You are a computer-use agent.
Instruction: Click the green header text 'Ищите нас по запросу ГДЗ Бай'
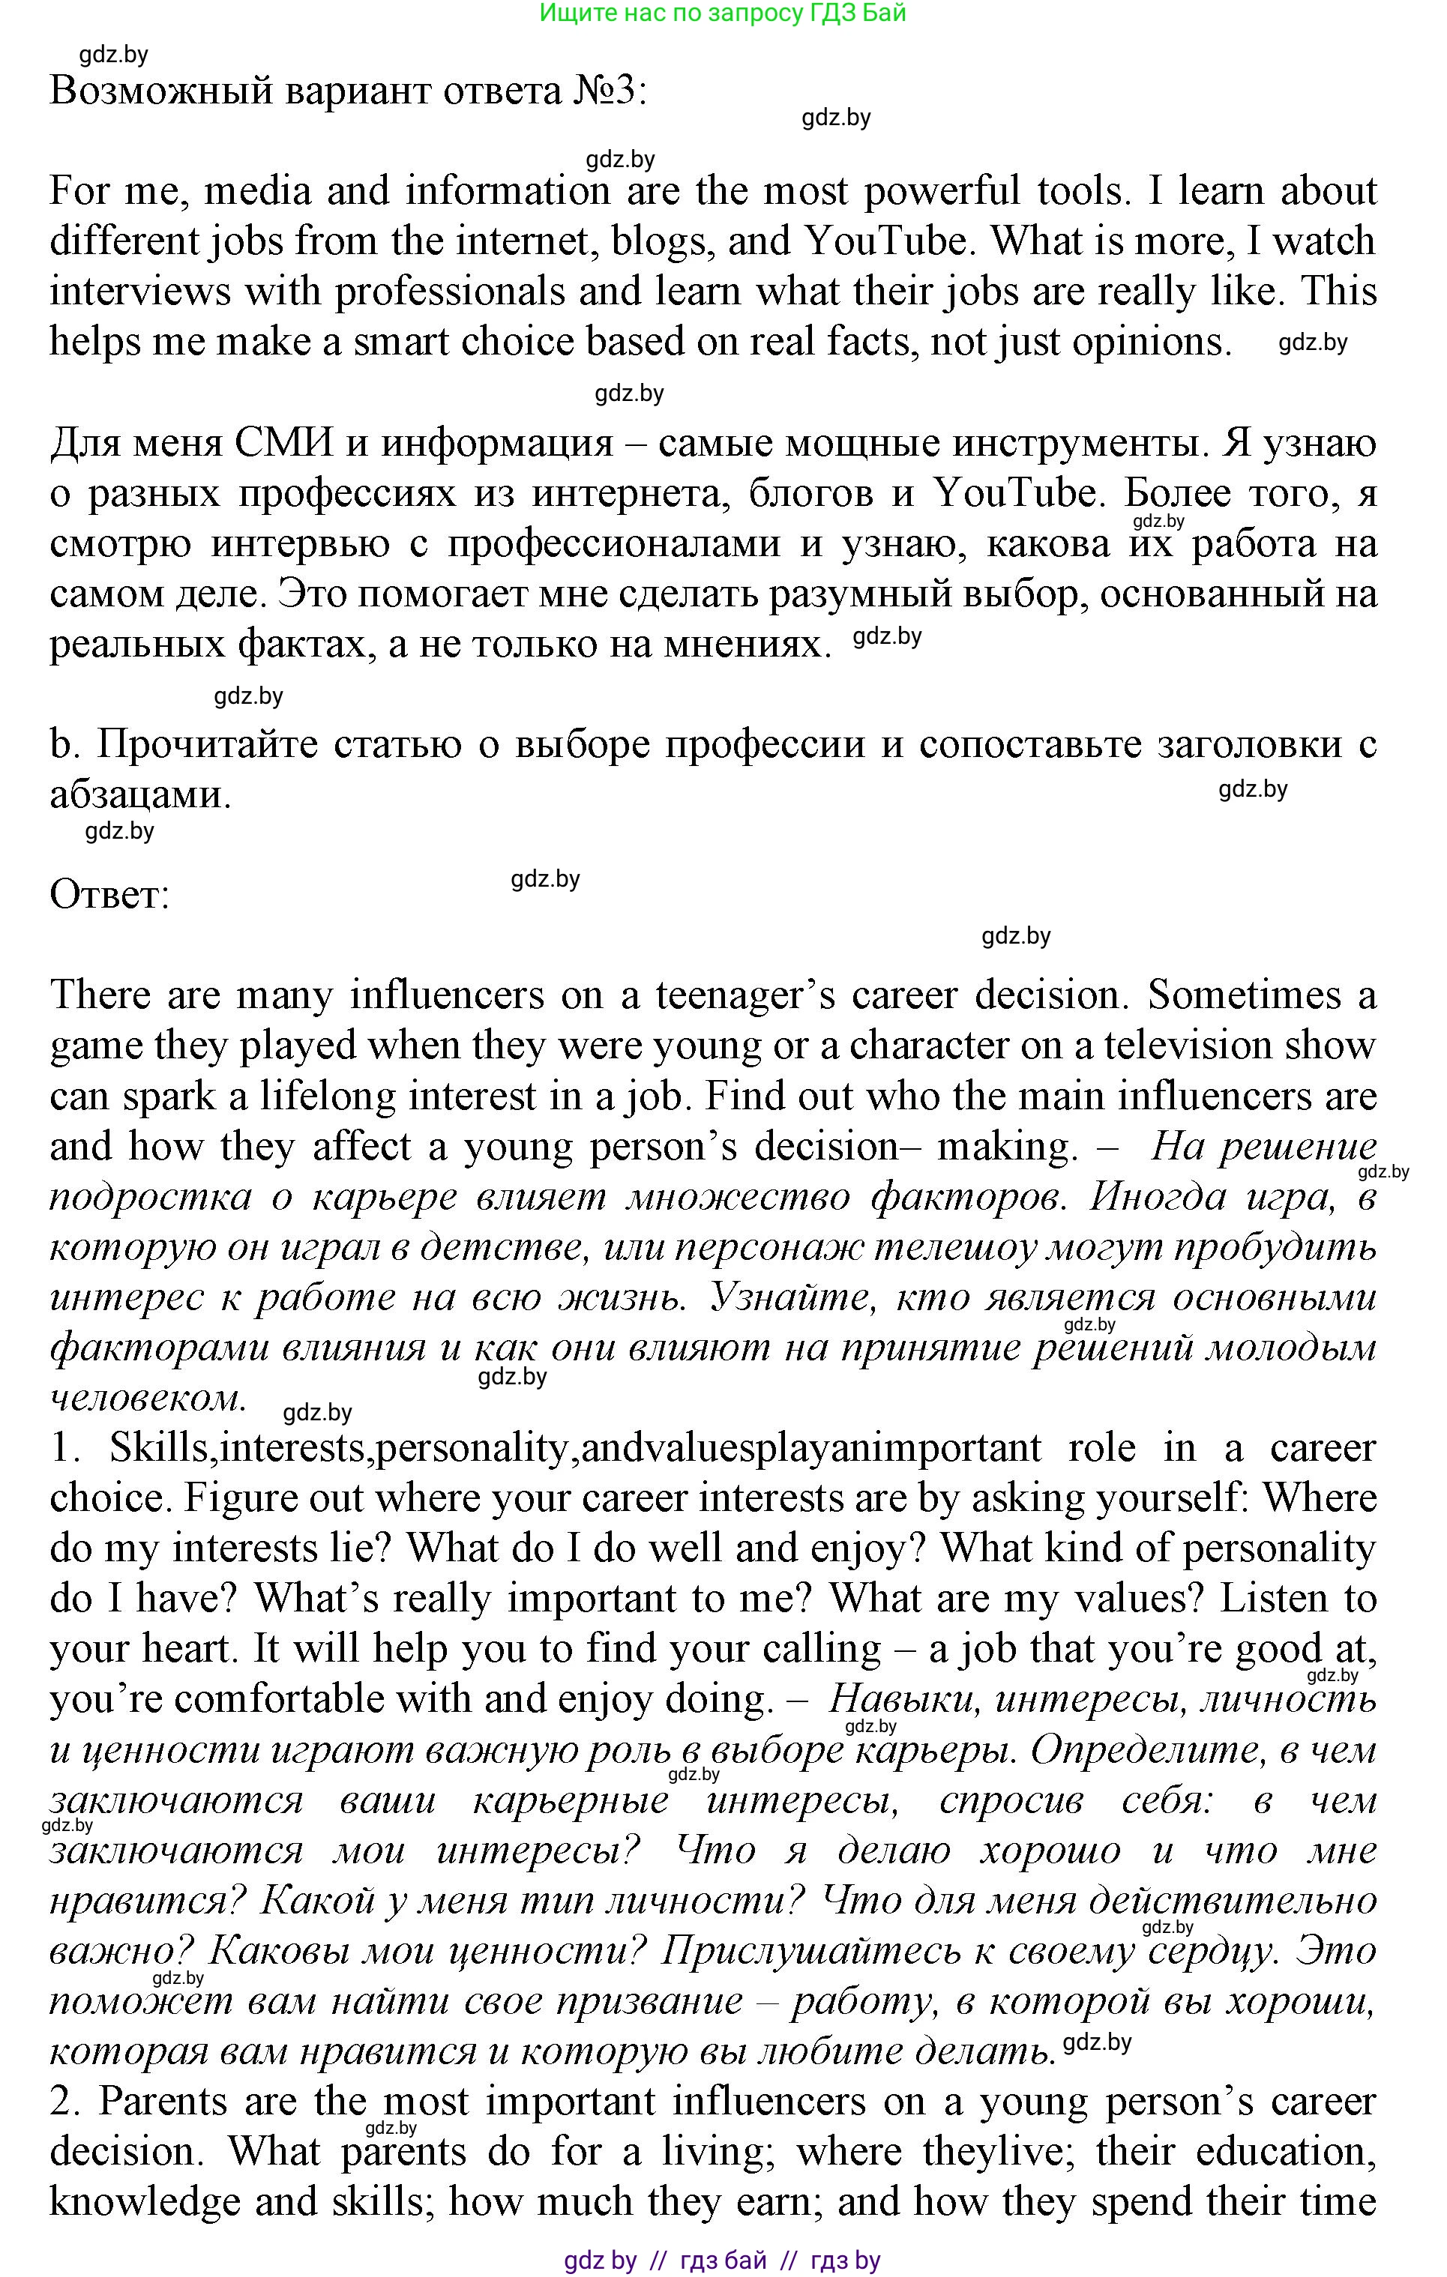[x=723, y=13]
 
